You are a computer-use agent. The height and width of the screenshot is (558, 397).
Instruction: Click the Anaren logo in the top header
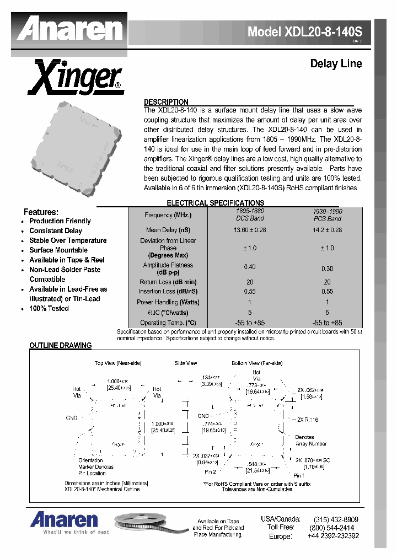[x=69, y=29]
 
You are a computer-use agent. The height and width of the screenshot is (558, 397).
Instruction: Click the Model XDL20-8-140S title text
[x=308, y=32]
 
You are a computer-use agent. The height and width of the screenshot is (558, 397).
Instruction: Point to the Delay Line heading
[x=336, y=64]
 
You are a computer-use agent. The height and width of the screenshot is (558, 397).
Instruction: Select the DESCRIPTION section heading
[x=166, y=102]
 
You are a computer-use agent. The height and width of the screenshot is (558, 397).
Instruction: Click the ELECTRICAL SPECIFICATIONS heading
[x=215, y=203]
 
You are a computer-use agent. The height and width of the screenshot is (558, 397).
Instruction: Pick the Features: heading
[x=41, y=212]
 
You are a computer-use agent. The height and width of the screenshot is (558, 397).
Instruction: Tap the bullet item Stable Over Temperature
[x=68, y=240]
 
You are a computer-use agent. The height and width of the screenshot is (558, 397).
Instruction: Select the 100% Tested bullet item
[x=49, y=308]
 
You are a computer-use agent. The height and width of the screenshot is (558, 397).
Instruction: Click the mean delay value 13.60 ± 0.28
[x=251, y=230]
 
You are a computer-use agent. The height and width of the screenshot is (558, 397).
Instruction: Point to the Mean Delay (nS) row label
[x=168, y=230]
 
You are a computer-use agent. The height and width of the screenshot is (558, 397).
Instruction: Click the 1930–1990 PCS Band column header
[x=328, y=215]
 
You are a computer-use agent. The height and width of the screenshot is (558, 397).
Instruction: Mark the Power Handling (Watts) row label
[x=168, y=302]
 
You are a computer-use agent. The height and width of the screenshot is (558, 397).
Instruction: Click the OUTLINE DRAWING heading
[x=60, y=346]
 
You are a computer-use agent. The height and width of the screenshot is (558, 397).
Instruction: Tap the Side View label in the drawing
[x=186, y=363]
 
